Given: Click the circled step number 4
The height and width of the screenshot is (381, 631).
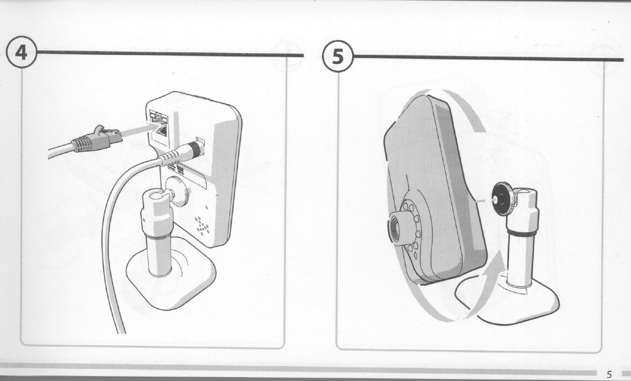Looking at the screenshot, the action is (x=22, y=54).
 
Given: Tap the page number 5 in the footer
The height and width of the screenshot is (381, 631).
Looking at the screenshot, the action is (x=609, y=374).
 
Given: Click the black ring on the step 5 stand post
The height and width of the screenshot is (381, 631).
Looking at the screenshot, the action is (x=522, y=233).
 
